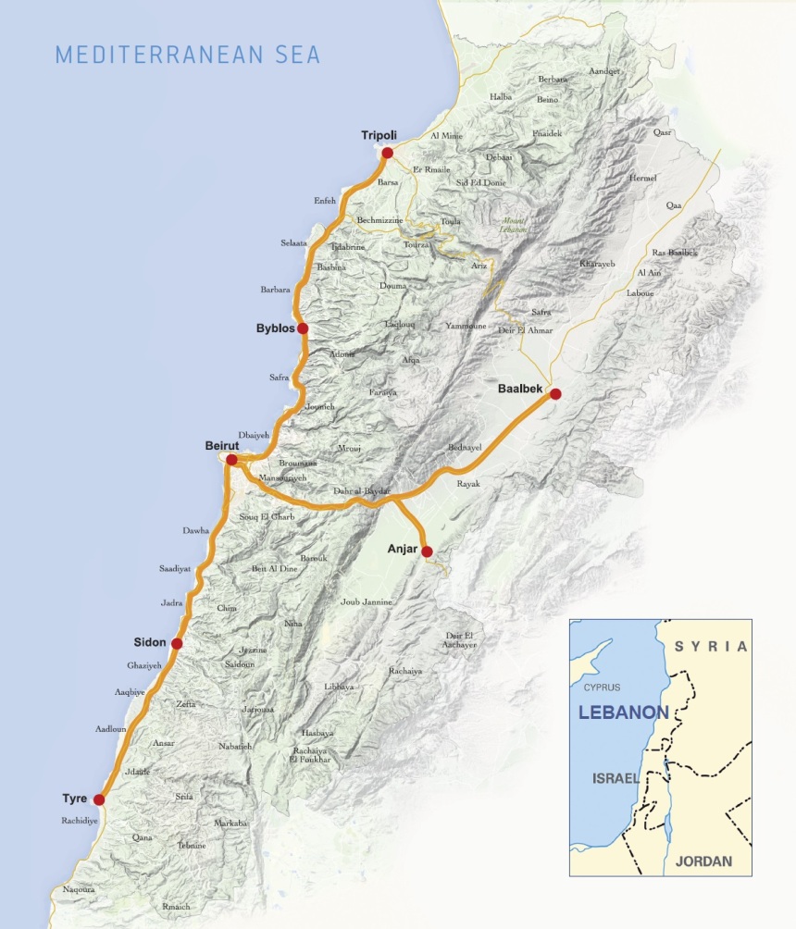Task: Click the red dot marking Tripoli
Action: pyautogui.click(x=387, y=153)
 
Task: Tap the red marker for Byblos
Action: pyautogui.click(x=302, y=328)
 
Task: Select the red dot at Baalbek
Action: pyautogui.click(x=555, y=393)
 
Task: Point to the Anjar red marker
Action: pyautogui.click(x=427, y=551)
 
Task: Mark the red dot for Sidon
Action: pyautogui.click(x=177, y=643)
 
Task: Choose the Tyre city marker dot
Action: pyautogui.click(x=99, y=799)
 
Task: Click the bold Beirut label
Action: pyautogui.click(x=222, y=446)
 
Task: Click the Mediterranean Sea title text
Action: pyautogui.click(x=188, y=55)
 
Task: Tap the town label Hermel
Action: pyautogui.click(x=641, y=178)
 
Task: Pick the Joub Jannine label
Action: pyautogui.click(x=367, y=602)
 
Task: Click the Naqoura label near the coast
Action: pyautogui.click(x=80, y=889)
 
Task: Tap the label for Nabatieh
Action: pyautogui.click(x=235, y=746)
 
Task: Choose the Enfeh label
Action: pyautogui.click(x=325, y=200)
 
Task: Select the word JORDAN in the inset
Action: pyautogui.click(x=703, y=861)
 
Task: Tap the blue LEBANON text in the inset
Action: pyautogui.click(x=623, y=713)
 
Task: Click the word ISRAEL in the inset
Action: pyautogui.click(x=616, y=778)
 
